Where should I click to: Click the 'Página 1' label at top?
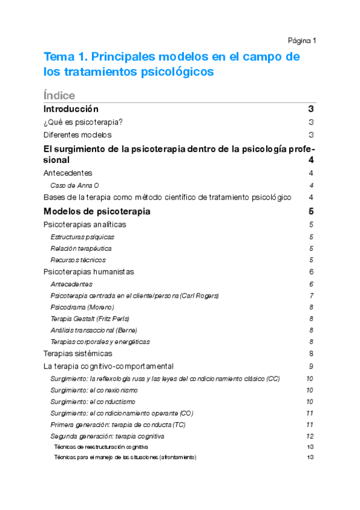302,40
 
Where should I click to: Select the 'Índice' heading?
59,96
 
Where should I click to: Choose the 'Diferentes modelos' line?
78,135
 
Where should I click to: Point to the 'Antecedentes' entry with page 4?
68,173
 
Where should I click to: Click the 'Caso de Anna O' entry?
75,185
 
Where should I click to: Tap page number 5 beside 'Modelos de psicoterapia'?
311,211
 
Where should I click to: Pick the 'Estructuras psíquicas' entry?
82,236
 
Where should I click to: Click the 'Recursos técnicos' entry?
78,260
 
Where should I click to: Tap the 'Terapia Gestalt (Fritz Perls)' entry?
90,318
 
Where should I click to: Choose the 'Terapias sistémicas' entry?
78,353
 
